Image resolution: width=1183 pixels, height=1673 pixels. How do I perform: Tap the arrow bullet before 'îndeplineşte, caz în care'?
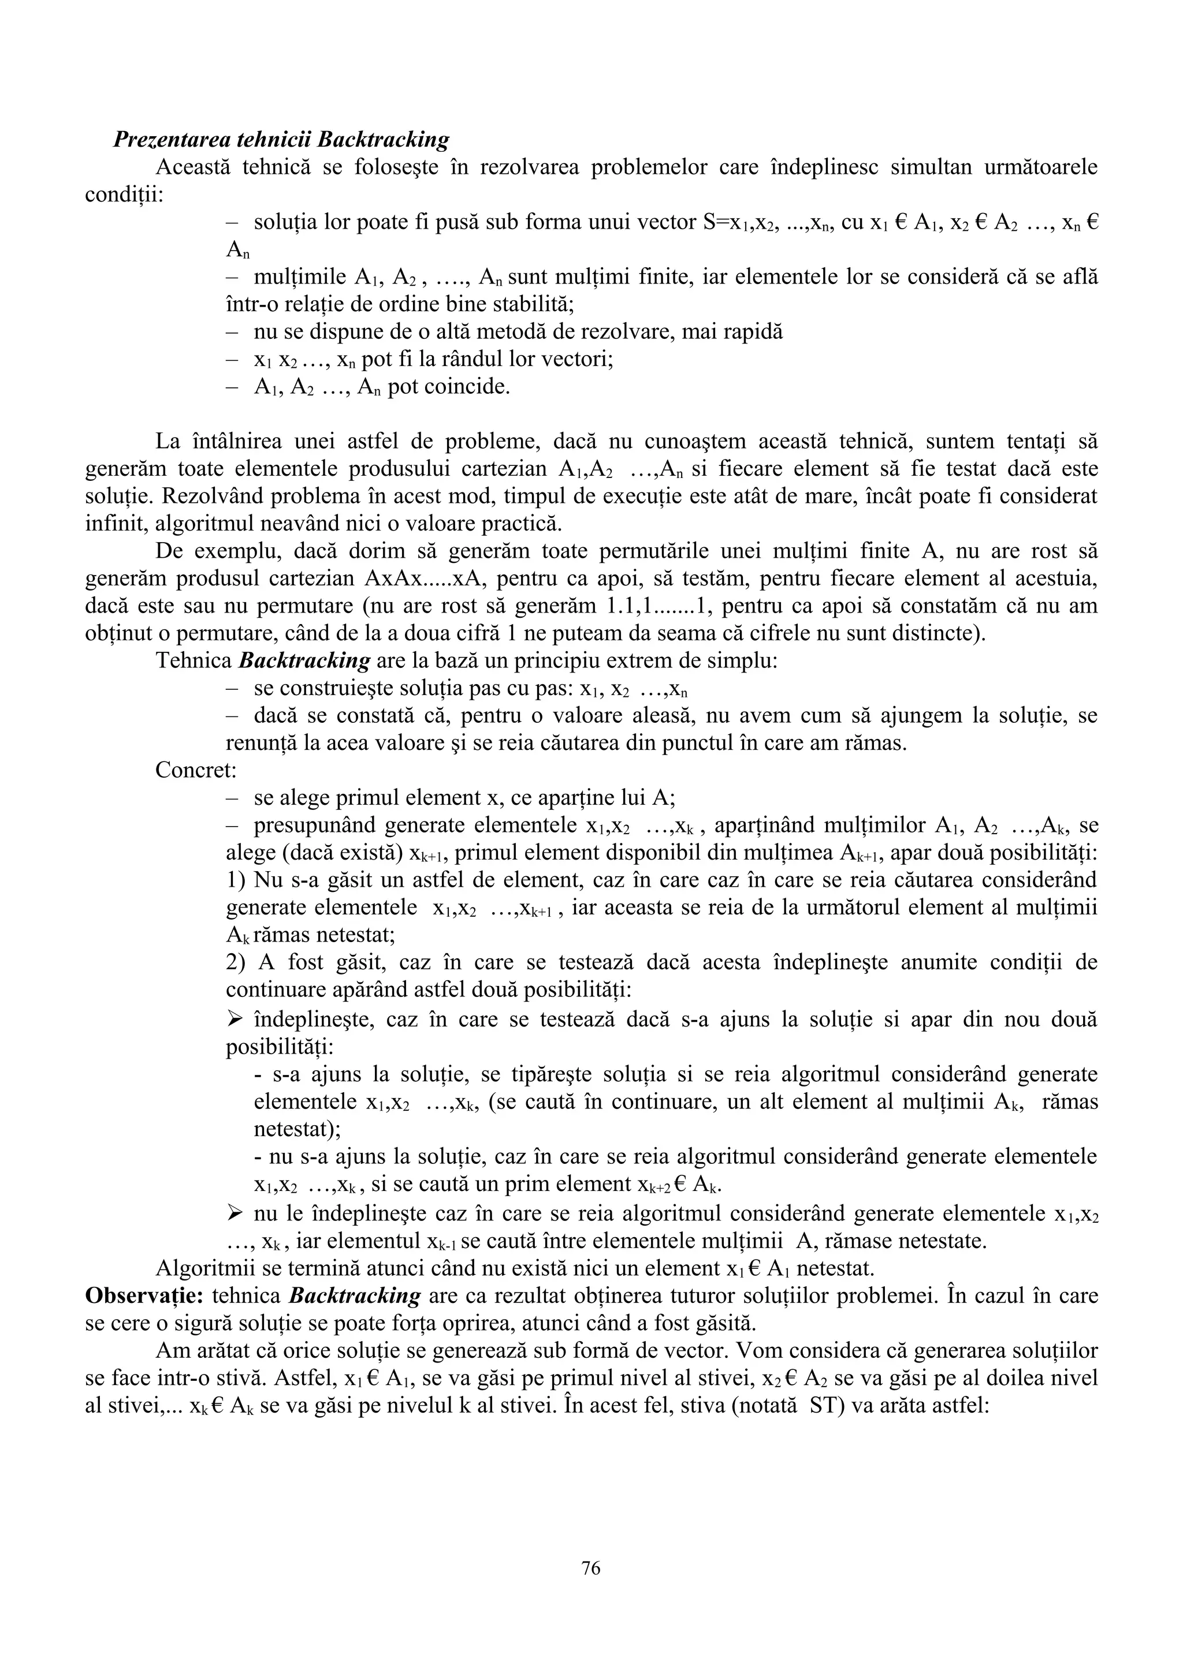tap(234, 1018)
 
